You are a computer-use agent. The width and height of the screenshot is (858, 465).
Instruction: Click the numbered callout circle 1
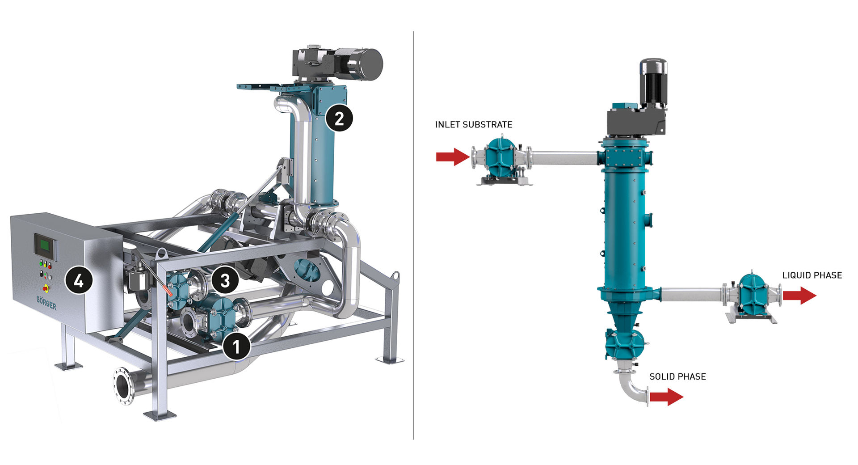click(x=237, y=346)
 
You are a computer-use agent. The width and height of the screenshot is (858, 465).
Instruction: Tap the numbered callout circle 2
click(x=339, y=118)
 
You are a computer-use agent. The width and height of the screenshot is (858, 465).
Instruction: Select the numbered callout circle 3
click(x=225, y=280)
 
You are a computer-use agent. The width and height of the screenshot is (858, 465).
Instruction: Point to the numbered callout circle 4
click(x=79, y=280)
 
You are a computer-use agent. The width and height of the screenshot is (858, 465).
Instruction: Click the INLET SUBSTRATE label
click(x=474, y=125)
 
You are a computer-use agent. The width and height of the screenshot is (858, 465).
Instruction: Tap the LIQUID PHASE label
click(x=812, y=275)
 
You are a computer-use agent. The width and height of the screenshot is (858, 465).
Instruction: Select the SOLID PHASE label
click(x=677, y=377)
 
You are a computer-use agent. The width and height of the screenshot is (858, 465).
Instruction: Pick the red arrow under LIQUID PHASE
click(x=799, y=296)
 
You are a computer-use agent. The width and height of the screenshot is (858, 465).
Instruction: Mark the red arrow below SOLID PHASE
click(x=666, y=397)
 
